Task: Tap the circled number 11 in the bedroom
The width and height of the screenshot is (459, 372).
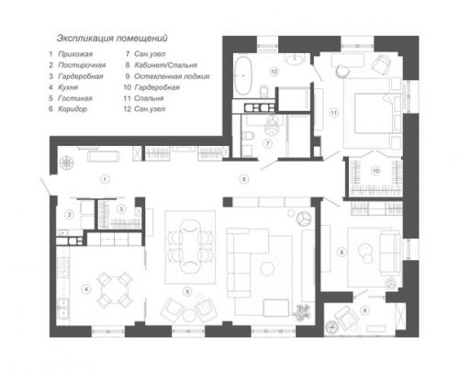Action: (x=334, y=112)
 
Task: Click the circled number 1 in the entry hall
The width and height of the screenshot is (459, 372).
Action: (x=105, y=176)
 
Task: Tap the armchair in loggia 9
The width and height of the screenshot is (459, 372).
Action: (x=348, y=320)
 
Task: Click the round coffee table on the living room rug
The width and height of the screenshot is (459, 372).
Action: (x=268, y=267)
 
